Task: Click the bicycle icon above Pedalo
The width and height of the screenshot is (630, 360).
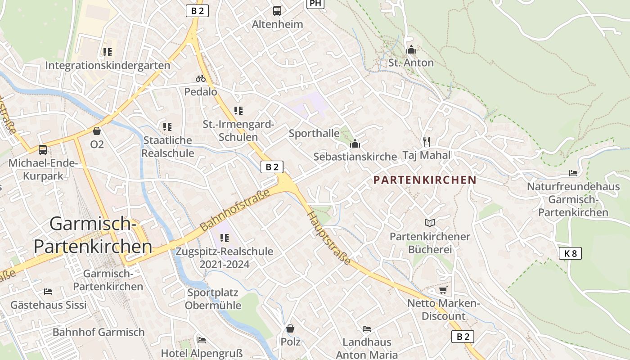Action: [x=201, y=78]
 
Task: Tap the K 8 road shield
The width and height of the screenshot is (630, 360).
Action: [x=570, y=253]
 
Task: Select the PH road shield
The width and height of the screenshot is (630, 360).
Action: [x=315, y=4]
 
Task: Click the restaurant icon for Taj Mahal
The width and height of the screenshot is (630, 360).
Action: [x=427, y=142]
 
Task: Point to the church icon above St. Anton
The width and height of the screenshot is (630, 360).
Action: [x=411, y=49]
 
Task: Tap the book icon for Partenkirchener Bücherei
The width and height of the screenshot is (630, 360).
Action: [x=430, y=223]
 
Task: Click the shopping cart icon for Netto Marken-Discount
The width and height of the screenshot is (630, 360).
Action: [x=443, y=290]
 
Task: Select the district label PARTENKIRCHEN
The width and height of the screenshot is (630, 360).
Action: [x=425, y=180]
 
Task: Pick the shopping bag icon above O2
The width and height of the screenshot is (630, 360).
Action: [x=96, y=131]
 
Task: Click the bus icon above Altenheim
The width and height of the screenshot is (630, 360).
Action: [x=277, y=10]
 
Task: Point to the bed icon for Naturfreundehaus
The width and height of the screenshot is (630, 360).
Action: [x=573, y=173]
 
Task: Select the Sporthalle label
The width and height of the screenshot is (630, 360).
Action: [x=314, y=133]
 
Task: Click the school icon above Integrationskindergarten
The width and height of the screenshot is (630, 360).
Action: [x=108, y=52]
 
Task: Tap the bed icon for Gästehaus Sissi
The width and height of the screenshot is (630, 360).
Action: [x=48, y=292]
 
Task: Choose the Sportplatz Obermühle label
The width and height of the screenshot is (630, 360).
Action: [x=213, y=299]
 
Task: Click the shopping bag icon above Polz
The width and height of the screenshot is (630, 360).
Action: [x=290, y=328]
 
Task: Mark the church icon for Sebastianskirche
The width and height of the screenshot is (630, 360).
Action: [x=355, y=144]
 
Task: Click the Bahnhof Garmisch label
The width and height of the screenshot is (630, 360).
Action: [x=99, y=332]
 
